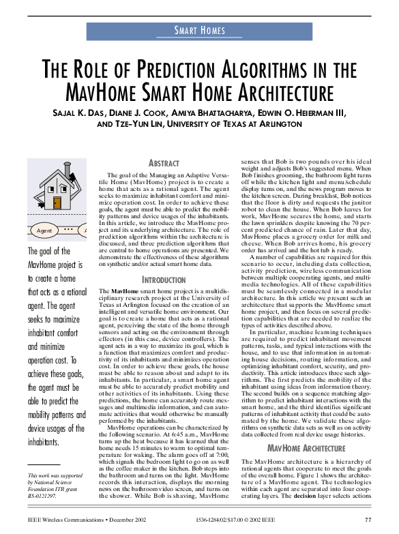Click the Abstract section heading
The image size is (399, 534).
pos(164,164)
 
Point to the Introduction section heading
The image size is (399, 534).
pos(164,299)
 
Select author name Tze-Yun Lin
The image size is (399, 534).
pos(138,124)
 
